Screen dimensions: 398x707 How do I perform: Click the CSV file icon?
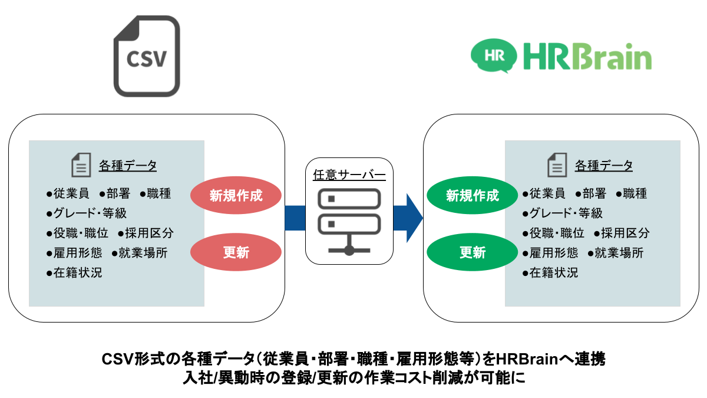[147, 56]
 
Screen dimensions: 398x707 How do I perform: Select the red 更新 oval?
[236, 253]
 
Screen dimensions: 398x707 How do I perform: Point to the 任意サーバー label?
[349, 175]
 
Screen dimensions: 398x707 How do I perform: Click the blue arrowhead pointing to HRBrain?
[414, 218]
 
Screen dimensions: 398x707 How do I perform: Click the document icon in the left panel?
[81, 165]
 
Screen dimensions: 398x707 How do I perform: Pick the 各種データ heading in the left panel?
[128, 166]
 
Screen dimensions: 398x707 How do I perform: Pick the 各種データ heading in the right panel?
[604, 166]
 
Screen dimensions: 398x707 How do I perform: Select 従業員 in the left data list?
[72, 193]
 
